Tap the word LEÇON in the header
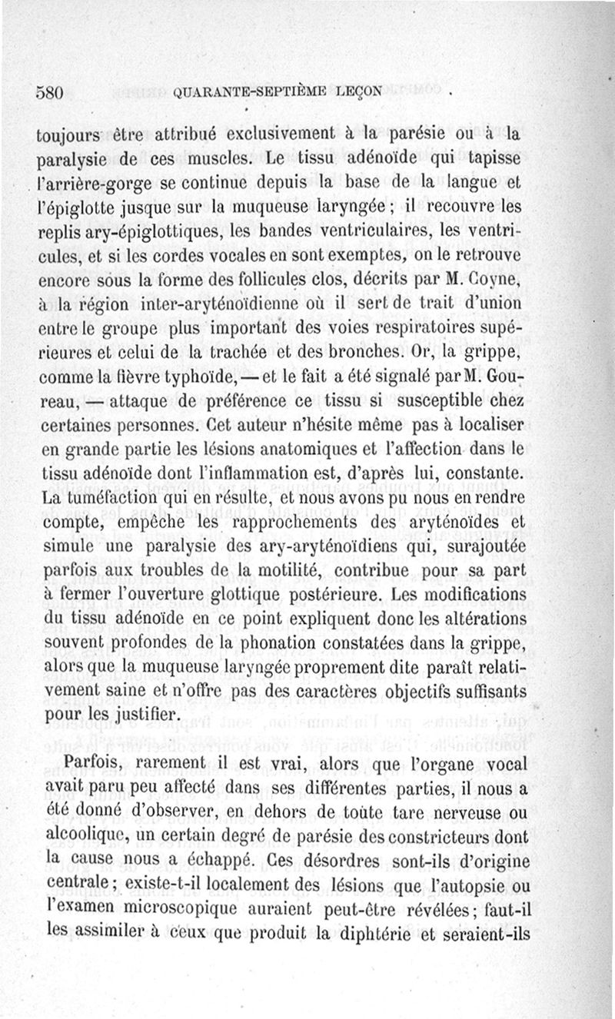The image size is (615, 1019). [x=358, y=91]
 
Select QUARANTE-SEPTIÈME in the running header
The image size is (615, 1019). [x=252, y=91]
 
